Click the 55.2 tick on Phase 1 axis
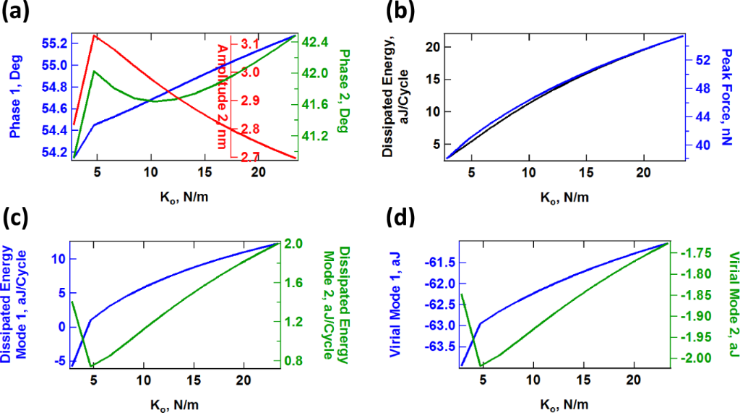tap(56, 43)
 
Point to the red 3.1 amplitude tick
tap(249, 45)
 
